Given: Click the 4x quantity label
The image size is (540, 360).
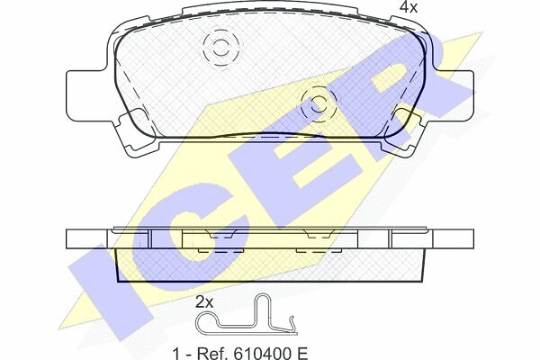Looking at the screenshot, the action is pos(408,7).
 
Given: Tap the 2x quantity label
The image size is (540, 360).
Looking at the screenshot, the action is pos(204,302).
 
